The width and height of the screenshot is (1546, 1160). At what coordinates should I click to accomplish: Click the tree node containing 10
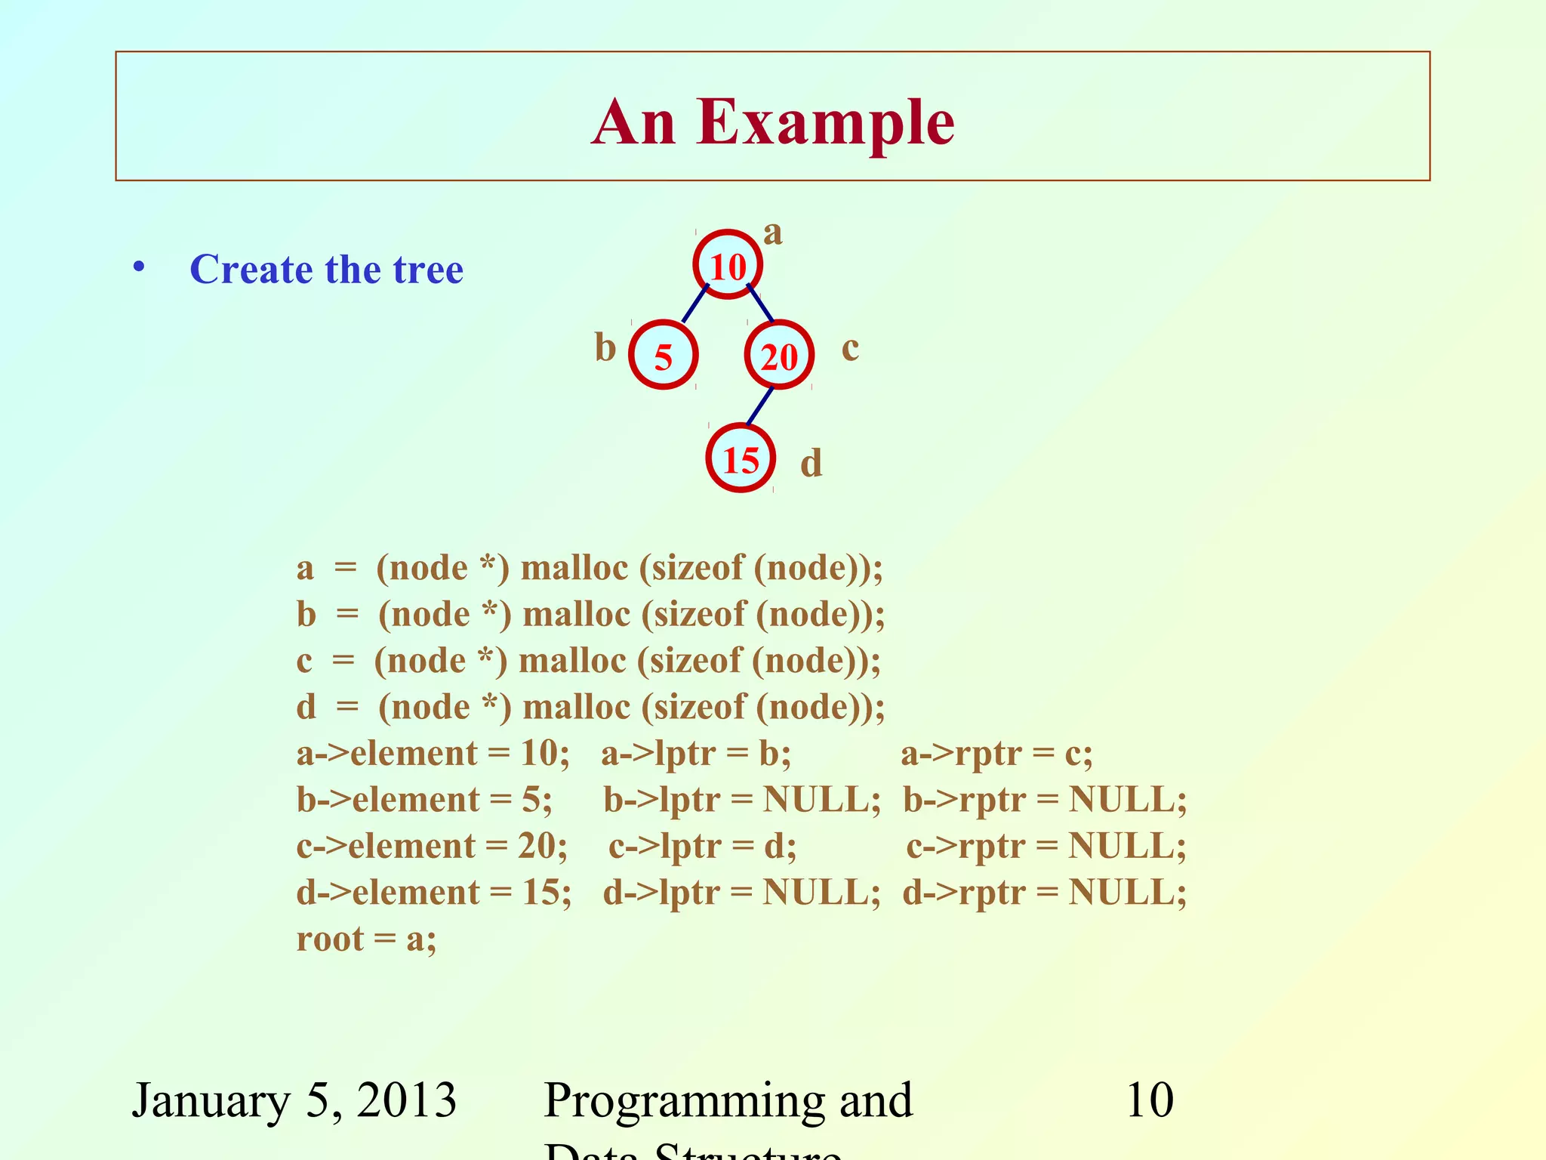point(728,265)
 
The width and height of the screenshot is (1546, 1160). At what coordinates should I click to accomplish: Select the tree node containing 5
point(663,356)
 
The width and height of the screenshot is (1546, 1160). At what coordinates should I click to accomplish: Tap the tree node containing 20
point(779,356)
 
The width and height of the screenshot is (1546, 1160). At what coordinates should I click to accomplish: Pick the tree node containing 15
point(741,459)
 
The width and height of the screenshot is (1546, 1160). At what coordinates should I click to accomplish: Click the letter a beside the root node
point(772,233)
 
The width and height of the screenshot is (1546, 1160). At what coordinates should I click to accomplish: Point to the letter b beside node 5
point(605,348)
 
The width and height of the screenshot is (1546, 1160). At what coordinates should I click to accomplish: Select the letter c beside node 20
point(850,348)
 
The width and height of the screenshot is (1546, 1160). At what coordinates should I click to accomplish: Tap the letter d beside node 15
point(811,463)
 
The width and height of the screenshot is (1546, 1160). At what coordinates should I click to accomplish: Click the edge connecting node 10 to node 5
point(695,304)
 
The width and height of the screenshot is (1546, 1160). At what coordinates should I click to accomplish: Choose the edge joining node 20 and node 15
point(759,407)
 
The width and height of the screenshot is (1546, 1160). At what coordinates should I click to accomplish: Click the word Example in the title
point(826,122)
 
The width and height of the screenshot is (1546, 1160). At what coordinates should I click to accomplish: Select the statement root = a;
point(366,939)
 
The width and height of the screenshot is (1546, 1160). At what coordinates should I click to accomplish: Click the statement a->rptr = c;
point(996,754)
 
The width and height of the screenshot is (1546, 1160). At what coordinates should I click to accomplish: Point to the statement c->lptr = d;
point(702,847)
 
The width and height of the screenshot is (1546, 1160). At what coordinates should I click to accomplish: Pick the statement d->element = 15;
point(433,893)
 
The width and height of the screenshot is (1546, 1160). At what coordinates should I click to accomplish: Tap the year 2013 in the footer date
point(407,1100)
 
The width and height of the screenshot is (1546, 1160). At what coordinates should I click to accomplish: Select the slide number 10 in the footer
point(1149,1100)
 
